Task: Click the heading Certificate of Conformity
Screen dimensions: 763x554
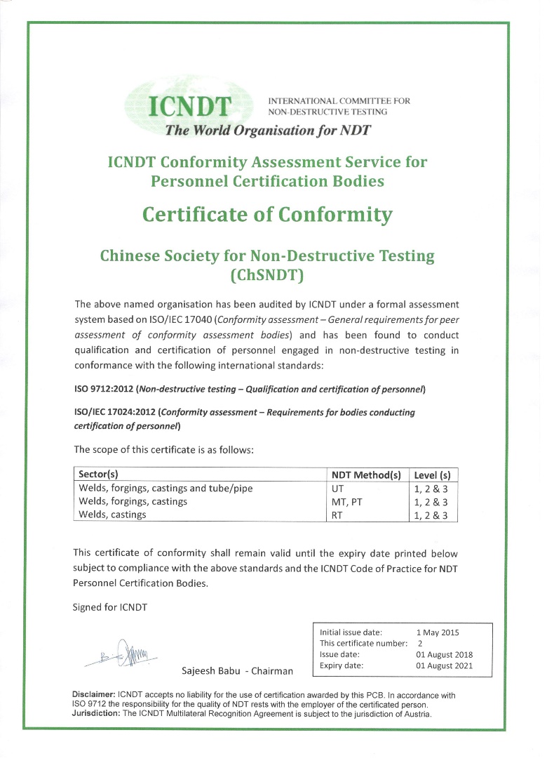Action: (267, 213)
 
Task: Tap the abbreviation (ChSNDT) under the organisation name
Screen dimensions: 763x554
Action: (267, 275)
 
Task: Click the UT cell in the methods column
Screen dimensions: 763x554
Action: (337, 488)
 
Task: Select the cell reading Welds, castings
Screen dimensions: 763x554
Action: (113, 515)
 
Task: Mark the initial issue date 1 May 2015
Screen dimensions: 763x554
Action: (437, 632)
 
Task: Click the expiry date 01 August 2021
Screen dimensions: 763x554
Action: (445, 665)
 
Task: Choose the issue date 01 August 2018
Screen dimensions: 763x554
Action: (445, 654)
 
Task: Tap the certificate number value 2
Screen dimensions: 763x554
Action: (419, 643)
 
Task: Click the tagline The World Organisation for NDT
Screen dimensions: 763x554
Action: (267, 130)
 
